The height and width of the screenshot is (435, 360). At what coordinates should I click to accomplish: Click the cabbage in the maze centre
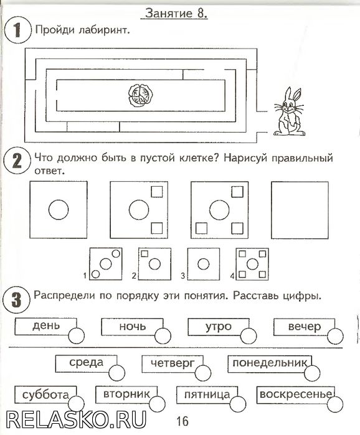coord(140,95)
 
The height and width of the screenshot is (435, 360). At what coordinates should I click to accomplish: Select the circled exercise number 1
coord(17,30)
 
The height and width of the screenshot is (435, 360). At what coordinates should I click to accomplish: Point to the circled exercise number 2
coord(17,161)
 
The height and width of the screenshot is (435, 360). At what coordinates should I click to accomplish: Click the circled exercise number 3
coord(16,300)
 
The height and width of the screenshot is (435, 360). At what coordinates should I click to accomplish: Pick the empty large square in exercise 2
coord(300,210)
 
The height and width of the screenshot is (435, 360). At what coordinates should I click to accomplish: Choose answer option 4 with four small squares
coord(252,264)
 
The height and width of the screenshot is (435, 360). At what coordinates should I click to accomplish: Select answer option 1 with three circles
coord(106,264)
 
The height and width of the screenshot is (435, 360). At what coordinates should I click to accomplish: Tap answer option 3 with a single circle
coord(204,264)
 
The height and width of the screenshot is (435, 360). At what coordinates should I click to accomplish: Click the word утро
coord(219,327)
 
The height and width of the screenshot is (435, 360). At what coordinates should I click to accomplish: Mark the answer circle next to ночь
coord(163,336)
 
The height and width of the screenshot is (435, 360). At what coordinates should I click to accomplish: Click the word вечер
coord(305,327)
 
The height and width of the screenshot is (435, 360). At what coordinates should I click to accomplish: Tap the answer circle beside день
coord(77,335)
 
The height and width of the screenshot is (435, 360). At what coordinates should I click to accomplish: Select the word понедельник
coord(270,363)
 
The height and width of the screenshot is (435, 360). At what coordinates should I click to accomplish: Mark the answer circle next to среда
coord(117,373)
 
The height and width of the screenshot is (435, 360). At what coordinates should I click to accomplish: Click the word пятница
coord(207,395)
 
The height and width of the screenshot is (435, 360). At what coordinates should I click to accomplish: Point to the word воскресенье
coord(296,394)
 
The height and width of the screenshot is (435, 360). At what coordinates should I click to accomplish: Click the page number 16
coord(182,421)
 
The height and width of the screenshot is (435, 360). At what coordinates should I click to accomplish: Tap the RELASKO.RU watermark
coord(76,419)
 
